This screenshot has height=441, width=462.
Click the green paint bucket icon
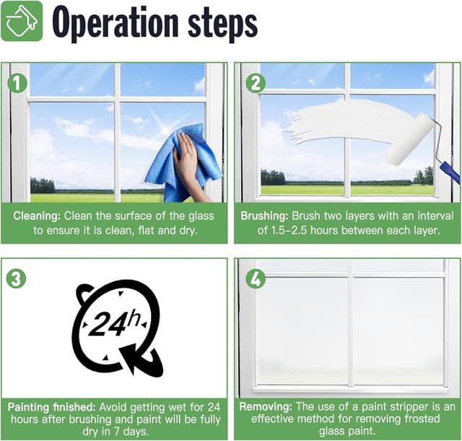(22, 21)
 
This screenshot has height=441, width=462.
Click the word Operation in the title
(115, 23)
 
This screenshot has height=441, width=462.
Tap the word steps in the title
(222, 25)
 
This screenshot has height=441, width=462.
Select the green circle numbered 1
(17, 83)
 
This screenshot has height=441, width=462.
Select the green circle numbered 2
(256, 83)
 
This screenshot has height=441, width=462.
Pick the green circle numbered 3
(16, 278)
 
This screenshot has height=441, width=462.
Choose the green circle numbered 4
(256, 278)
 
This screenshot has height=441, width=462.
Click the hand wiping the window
(188, 166)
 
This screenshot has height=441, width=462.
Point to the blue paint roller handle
(450, 172)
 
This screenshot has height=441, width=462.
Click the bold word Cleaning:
(37, 216)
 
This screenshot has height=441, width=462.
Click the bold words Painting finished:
(51, 407)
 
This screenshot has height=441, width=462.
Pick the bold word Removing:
(266, 407)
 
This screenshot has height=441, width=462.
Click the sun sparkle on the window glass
(165, 127)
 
